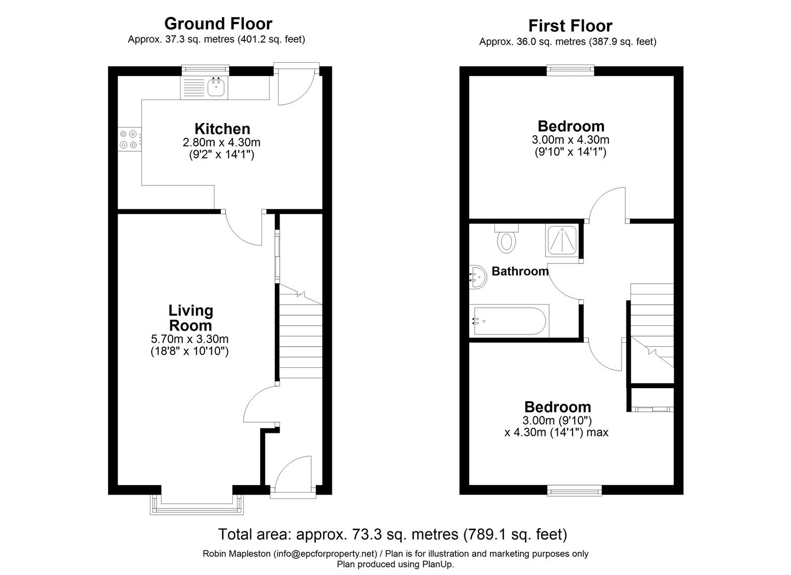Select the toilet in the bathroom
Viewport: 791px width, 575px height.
(x=506, y=239)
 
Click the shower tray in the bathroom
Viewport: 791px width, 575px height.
(x=561, y=240)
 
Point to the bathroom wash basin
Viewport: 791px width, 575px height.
(x=478, y=277)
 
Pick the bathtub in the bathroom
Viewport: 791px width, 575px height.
(x=508, y=321)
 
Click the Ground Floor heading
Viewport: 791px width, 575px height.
(x=218, y=23)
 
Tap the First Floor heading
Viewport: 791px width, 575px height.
(x=570, y=26)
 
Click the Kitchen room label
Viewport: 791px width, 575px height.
(x=222, y=129)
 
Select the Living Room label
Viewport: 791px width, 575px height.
(x=190, y=318)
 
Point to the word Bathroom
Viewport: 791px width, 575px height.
(x=520, y=272)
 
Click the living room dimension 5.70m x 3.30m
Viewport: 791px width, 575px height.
(x=190, y=339)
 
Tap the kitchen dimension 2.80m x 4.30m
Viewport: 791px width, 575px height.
(x=222, y=143)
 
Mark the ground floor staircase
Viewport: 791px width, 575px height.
(x=301, y=335)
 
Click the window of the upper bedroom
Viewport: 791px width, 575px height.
(x=570, y=68)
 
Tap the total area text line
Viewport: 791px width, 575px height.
(x=393, y=534)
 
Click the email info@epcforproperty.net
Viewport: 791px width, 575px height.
(x=325, y=554)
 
